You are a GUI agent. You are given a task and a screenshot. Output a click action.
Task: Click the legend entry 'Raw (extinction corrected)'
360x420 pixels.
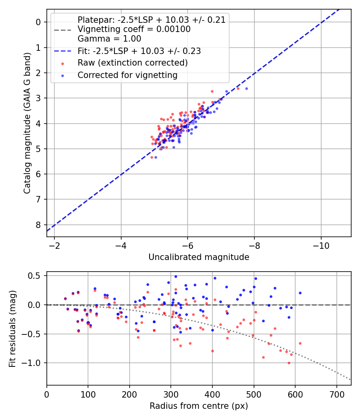(x=132, y=63)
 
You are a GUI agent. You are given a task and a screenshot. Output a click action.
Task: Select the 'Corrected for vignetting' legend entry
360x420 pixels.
(x=127, y=75)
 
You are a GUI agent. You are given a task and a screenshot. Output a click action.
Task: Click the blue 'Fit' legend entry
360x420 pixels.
(x=139, y=51)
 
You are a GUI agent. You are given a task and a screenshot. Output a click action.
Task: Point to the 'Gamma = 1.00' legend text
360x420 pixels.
(x=109, y=39)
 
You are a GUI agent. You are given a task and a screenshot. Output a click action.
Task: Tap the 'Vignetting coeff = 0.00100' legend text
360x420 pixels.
(x=134, y=29)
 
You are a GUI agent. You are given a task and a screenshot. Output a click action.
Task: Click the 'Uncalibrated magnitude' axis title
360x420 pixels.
(x=199, y=257)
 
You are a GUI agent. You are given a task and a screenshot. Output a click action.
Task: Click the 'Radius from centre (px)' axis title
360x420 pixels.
(x=199, y=406)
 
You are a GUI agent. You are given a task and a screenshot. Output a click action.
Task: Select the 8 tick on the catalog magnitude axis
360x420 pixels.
(x=38, y=225)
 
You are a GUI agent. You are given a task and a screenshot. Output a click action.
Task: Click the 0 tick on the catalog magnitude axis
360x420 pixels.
(x=38, y=22)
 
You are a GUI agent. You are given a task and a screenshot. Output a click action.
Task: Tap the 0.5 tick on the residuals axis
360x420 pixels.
(x=37, y=276)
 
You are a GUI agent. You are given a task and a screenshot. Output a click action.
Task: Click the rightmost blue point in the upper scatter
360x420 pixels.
(x=246, y=88)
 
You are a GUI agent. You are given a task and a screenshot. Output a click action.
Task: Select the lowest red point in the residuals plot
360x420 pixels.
(x=289, y=363)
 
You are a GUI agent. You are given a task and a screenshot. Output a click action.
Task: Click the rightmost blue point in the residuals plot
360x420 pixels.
(x=300, y=293)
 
